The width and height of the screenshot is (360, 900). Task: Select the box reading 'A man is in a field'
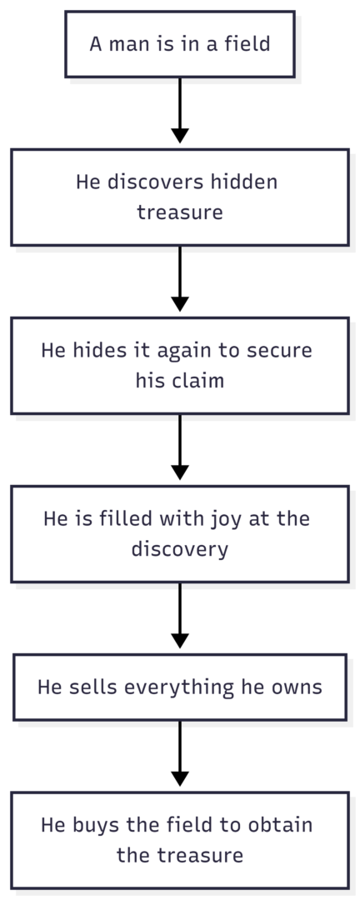(180, 44)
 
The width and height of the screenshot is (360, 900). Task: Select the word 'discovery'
(180, 550)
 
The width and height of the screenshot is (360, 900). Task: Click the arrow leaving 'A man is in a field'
(180, 110)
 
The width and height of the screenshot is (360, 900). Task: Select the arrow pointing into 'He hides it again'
(180, 279)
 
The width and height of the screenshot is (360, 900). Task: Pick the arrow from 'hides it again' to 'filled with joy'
(180, 447)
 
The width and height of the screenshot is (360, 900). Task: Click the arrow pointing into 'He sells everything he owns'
(180, 615)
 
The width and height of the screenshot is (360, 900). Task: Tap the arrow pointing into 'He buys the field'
(180, 753)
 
